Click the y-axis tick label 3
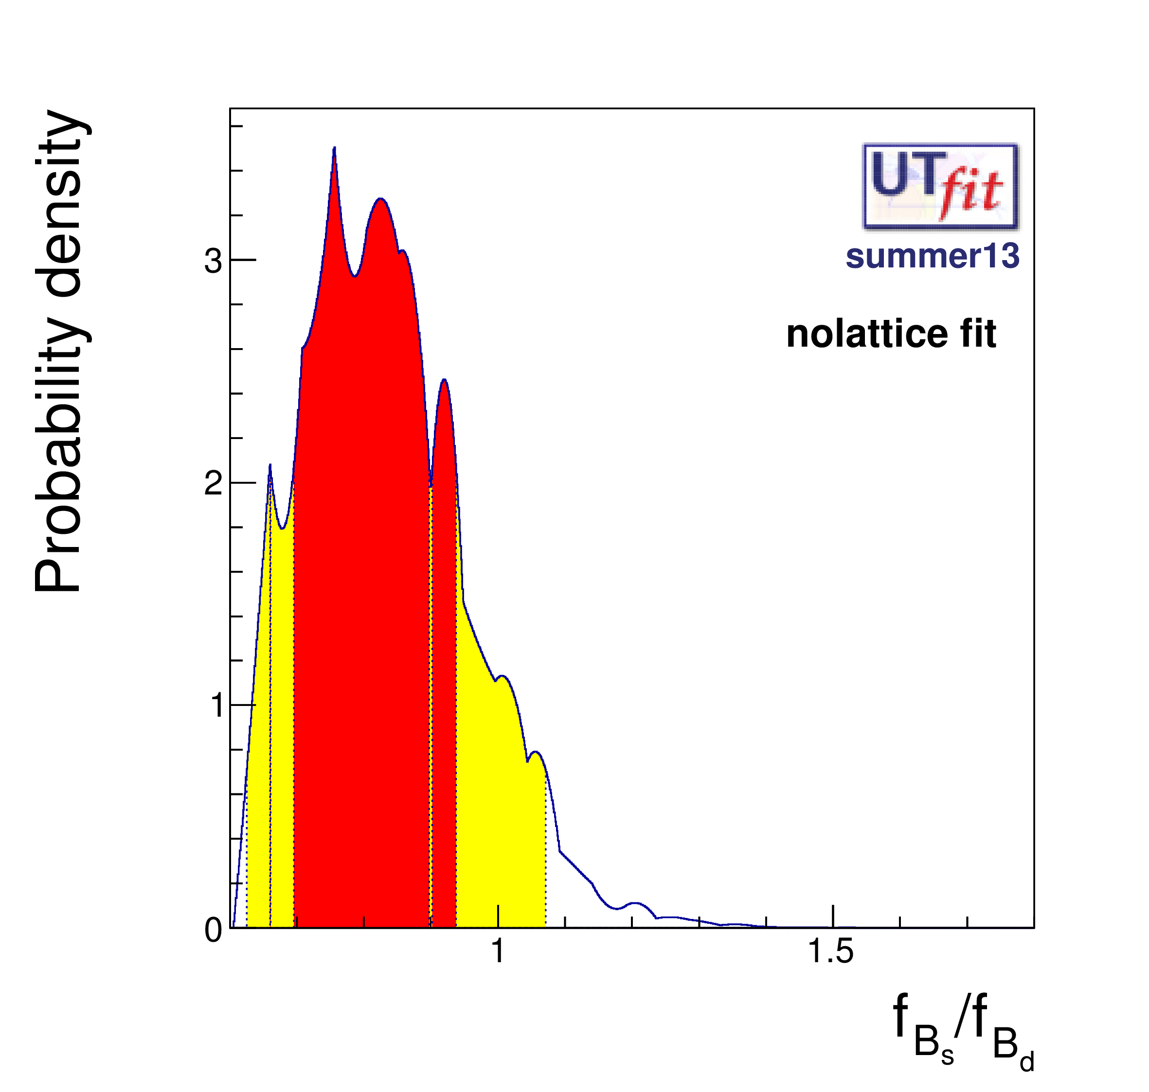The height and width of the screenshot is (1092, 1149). click(213, 262)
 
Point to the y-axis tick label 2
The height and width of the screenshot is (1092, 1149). click(213, 483)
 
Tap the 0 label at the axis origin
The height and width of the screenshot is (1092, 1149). click(213, 930)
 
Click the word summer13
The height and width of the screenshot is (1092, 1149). click(932, 256)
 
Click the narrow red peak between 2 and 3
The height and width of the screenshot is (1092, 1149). click(444, 381)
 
